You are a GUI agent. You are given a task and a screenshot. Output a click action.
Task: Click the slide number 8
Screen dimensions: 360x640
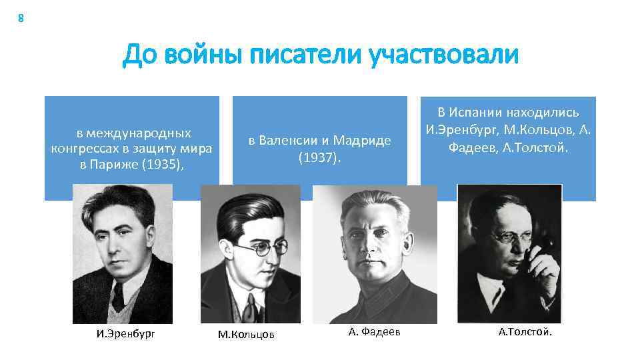coord(21,19)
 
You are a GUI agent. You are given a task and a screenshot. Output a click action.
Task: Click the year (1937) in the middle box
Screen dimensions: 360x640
coord(319,158)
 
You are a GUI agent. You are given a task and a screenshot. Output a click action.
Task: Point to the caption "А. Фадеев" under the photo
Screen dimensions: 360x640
coord(375,332)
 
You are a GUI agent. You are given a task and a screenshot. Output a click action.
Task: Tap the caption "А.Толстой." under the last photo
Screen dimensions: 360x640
coord(525,332)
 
